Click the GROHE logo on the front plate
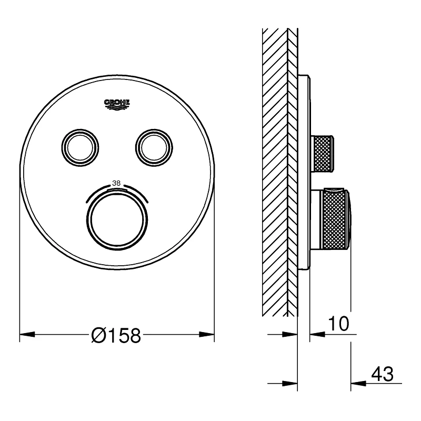click(117, 104)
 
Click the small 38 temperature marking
click(116, 183)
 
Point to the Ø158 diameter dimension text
click(116, 335)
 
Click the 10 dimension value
click(338, 324)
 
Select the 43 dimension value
click(383, 374)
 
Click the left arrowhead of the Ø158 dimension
click(27, 335)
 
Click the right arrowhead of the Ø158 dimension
click(207, 335)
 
